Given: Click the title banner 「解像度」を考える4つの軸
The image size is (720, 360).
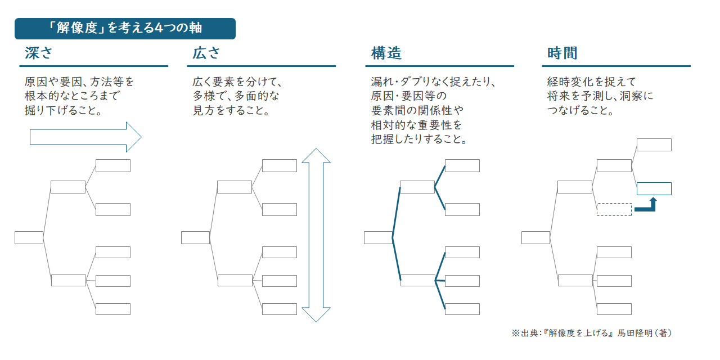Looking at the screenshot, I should click(125, 28).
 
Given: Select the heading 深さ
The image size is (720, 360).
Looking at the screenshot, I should click(39, 53).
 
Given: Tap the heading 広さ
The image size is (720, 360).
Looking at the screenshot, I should click(206, 53).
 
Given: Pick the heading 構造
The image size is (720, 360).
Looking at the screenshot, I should click(386, 53).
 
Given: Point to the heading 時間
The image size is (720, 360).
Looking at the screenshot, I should click(562, 53).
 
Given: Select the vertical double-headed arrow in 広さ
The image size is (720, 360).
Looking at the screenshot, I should click(316, 235).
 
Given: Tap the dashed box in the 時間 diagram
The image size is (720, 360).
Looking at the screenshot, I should click(614, 209).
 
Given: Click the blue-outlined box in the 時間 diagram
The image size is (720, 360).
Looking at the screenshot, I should click(654, 188).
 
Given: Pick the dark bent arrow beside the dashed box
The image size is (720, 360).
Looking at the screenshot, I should click(647, 206).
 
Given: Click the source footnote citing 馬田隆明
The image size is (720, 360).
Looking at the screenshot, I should click(592, 333).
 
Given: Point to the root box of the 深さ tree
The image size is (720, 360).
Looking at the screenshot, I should click(29, 237).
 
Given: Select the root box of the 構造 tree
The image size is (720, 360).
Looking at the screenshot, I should click(378, 237).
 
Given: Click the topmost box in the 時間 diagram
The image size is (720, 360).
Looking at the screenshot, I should click(654, 145).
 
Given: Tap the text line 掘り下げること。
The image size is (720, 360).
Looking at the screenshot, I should click(63, 111).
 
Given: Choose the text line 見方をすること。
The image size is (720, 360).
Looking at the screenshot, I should click(231, 111).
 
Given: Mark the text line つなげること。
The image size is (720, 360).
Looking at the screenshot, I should click(580, 111).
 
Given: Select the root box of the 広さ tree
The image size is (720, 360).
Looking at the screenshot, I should click(195, 237).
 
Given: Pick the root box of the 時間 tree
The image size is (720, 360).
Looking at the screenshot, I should click(535, 237).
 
